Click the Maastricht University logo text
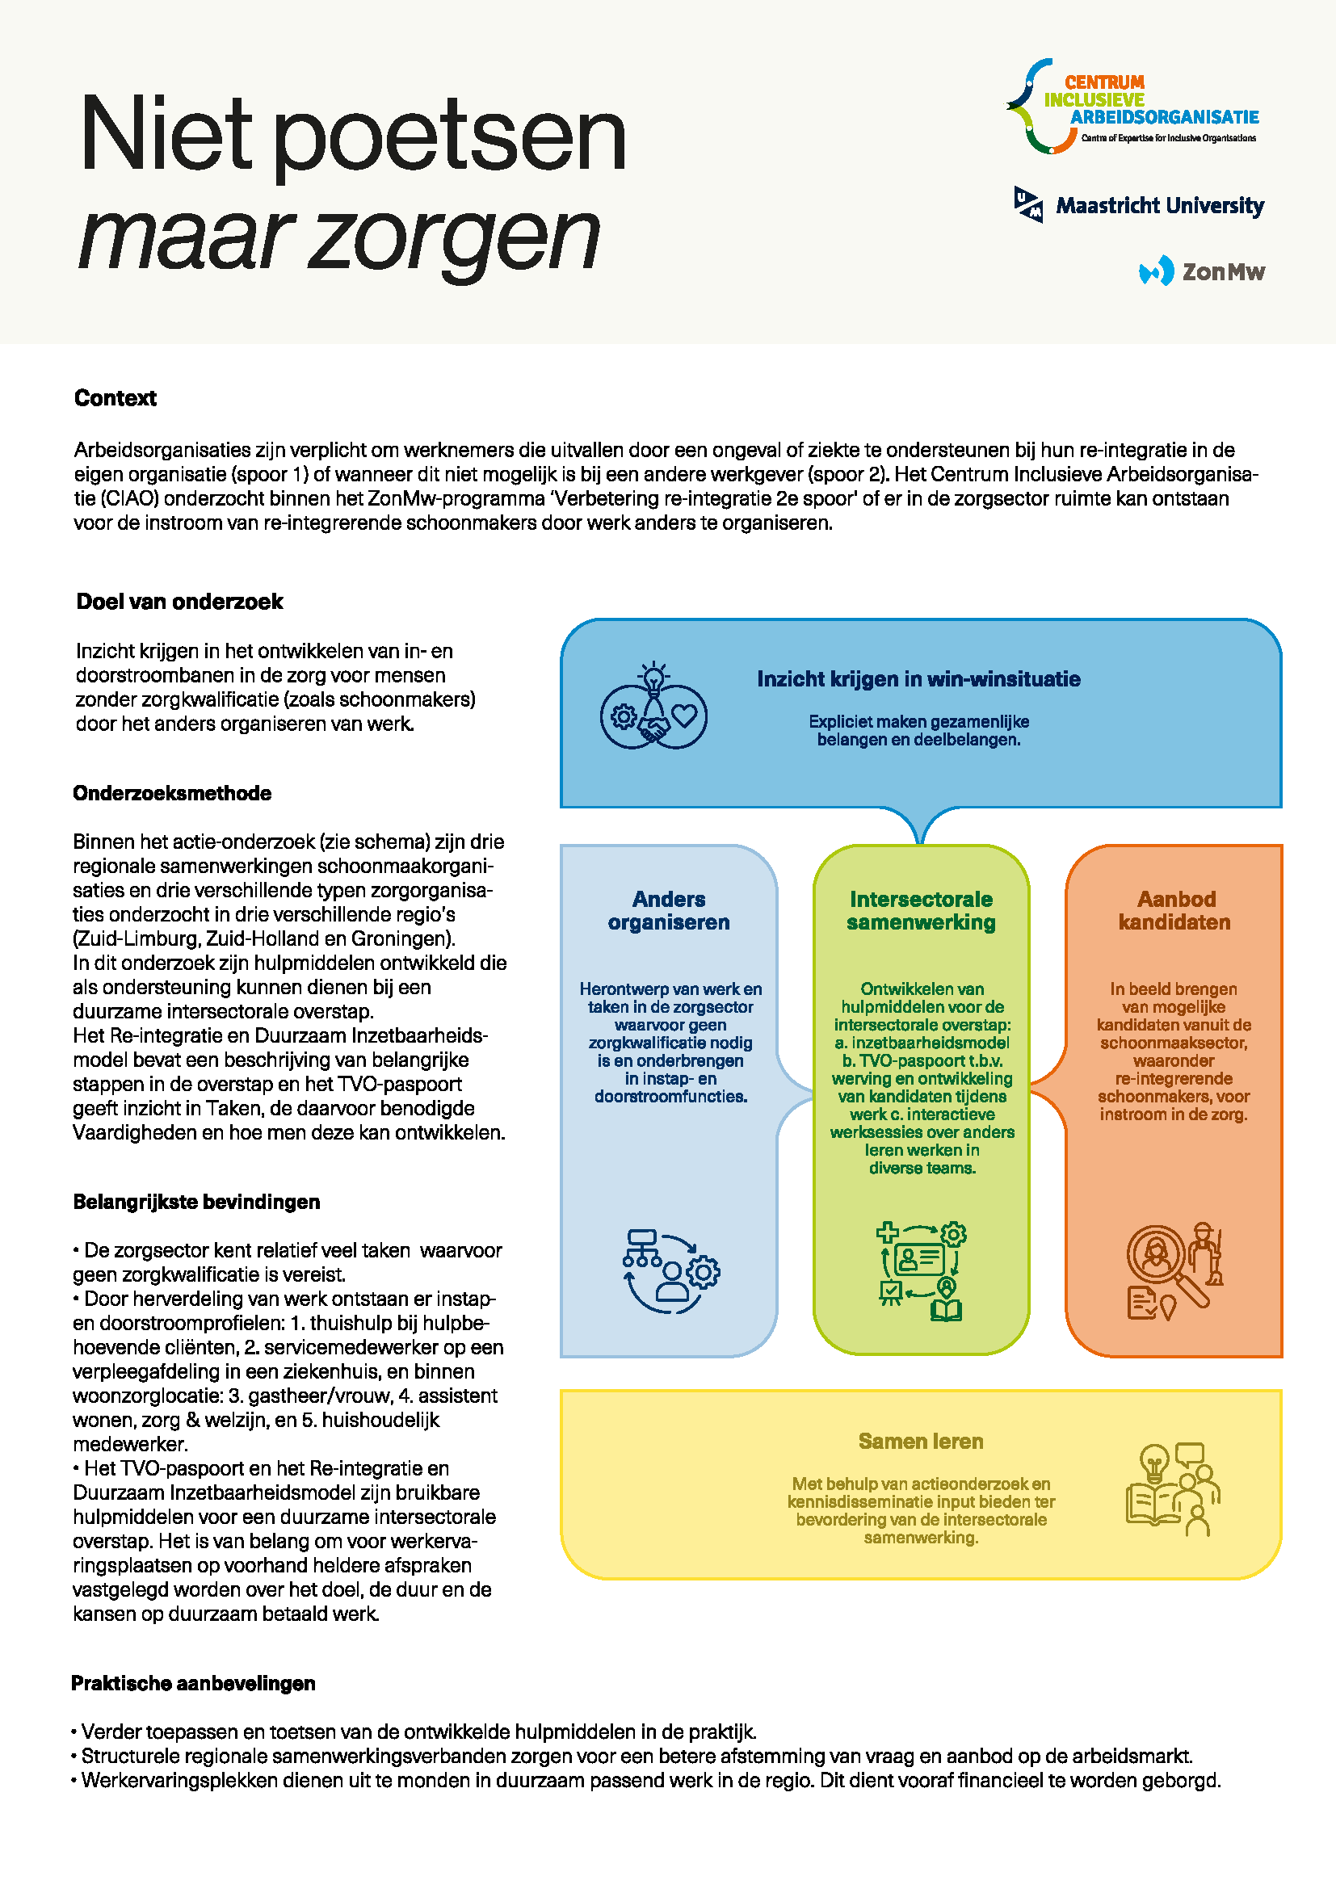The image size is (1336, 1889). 1159,205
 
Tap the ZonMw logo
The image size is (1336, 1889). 1202,271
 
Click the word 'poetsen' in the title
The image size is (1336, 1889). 448,136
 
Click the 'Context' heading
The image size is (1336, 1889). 116,398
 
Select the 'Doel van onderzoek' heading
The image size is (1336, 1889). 179,602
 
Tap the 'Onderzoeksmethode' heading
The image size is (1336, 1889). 172,793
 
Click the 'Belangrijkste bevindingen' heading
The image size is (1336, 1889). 196,1202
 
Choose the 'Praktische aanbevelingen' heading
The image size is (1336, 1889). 193,1683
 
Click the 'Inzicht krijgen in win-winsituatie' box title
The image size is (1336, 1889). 918,678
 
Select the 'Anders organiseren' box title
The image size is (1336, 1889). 669,911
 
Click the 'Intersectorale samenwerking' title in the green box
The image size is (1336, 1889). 921,911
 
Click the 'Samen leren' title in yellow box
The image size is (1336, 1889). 921,1442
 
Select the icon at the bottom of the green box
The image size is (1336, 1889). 922,1272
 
